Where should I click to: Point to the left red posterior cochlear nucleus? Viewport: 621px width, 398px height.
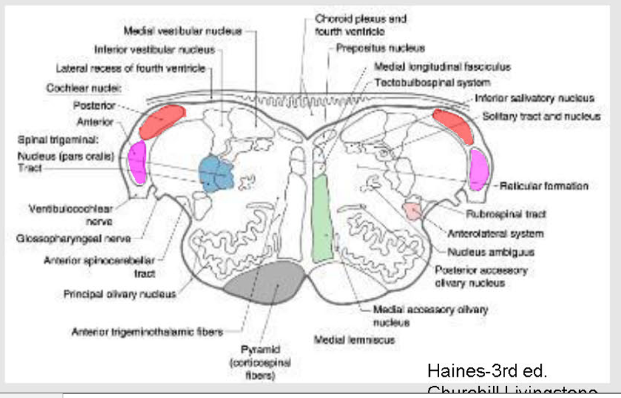click(x=163, y=120)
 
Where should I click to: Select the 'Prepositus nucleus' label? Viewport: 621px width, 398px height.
click(x=380, y=49)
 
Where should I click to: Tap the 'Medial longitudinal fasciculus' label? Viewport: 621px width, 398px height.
click(x=433, y=67)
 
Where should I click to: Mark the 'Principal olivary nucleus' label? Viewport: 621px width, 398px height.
click(x=120, y=293)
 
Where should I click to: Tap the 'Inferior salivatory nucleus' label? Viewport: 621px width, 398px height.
click(x=534, y=98)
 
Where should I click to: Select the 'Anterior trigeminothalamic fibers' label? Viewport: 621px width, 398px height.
click(x=147, y=331)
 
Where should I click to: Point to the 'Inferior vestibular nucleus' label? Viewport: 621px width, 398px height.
click(x=155, y=49)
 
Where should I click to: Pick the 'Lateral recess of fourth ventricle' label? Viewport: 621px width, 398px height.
click(x=131, y=68)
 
